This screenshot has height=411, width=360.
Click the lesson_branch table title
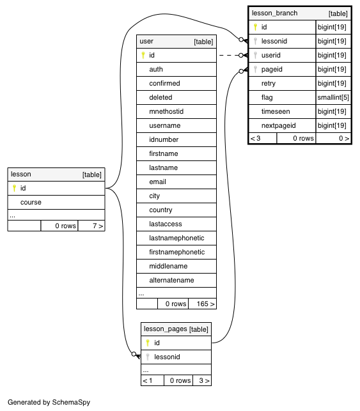274,13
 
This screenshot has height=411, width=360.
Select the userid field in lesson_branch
271,56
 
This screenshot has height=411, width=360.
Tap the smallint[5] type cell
333,98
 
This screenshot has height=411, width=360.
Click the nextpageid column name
278,125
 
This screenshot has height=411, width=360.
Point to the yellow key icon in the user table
143,55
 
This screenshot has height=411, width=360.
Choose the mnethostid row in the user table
176,111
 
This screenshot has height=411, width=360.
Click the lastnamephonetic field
176,238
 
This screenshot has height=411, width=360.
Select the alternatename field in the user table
171,280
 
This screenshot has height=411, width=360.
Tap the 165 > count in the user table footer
205,304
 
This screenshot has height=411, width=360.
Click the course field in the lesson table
31,203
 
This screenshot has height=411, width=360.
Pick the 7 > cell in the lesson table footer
98,226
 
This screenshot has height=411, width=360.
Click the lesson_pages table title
166,329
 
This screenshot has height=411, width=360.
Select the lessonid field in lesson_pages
167,357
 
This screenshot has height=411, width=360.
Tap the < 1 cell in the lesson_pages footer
147,380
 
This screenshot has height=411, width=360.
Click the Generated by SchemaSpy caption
49,402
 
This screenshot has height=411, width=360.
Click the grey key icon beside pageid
255,69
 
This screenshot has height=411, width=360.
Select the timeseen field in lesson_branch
276,111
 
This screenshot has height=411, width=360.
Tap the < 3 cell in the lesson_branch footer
255,139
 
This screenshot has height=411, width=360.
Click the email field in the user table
157,182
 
